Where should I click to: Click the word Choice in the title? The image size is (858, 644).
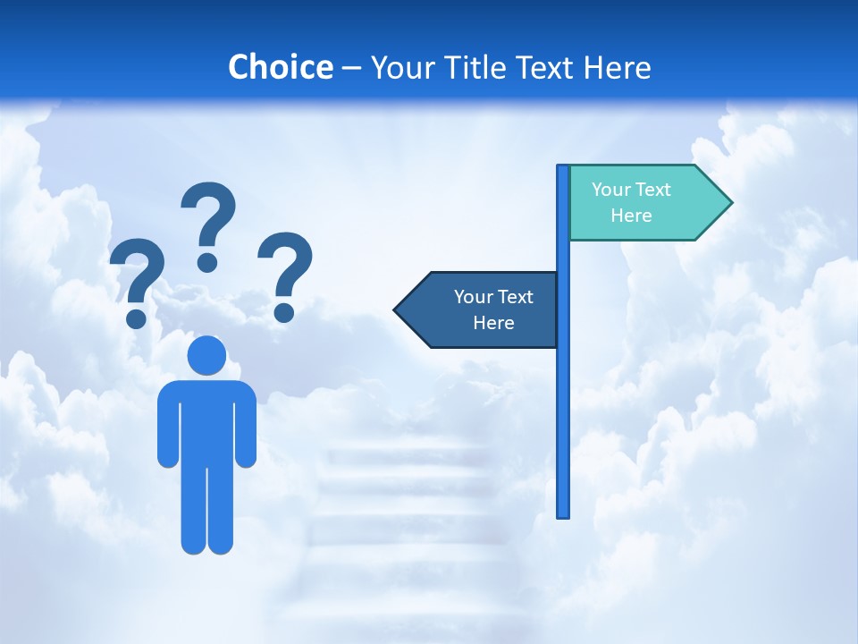point(280,67)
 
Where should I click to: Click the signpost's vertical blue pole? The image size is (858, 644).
point(563,402)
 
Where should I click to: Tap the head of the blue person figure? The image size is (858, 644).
point(206,355)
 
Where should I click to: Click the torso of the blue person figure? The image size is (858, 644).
point(206,420)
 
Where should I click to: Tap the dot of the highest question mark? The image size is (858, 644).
point(207,262)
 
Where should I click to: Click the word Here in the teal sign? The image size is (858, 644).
point(631,216)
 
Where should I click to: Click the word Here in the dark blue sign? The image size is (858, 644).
point(493,323)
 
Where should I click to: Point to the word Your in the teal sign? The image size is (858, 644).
point(610,190)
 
